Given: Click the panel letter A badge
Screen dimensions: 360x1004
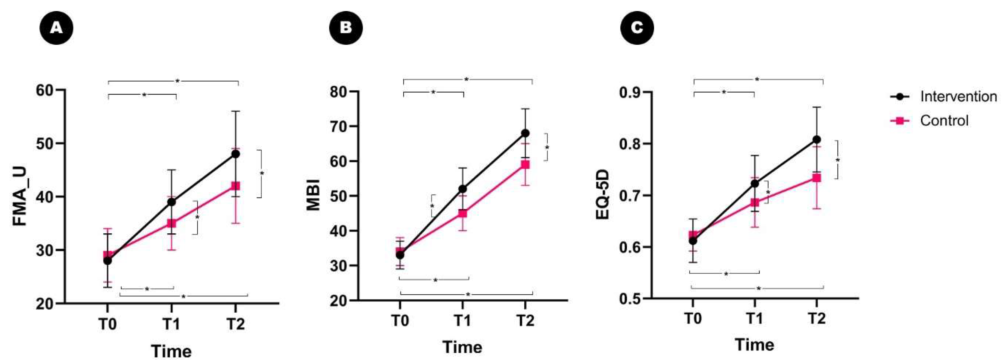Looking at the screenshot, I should (57, 28).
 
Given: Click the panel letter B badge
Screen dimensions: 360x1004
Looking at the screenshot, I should (346, 28).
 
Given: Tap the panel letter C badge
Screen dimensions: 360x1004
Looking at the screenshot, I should (637, 28).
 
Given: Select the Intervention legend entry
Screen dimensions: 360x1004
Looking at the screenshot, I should (958, 96).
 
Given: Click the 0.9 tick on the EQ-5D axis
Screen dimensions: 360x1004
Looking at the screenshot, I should (630, 92).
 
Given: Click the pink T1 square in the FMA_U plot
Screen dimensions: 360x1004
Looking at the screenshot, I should (172, 223).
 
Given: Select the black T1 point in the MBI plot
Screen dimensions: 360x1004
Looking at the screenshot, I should (463, 189).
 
